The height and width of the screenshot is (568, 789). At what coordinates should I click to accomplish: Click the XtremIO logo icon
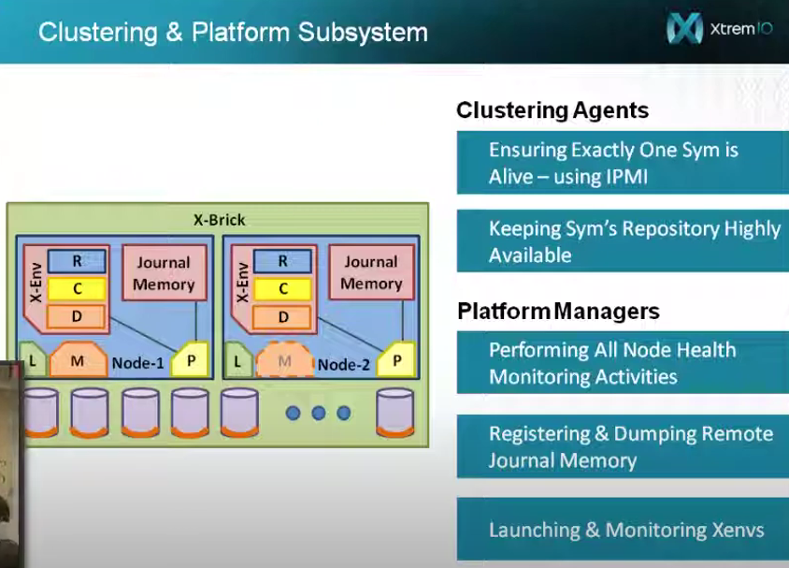point(684,28)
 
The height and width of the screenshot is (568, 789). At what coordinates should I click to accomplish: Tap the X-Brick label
point(220,220)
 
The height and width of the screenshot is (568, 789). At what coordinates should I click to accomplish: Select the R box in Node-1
point(77,261)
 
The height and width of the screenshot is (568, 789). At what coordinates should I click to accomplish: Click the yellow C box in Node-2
point(283,288)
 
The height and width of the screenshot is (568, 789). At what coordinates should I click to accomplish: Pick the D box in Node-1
point(77,316)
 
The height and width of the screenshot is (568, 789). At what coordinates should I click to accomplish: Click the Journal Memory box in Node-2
point(371,272)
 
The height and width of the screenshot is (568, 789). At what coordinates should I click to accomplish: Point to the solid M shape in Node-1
point(78,359)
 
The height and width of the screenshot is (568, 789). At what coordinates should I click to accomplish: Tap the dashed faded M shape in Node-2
point(285,360)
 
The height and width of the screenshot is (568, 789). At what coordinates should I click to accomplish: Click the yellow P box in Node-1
point(190,359)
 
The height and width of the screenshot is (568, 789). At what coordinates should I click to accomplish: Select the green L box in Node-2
point(237,360)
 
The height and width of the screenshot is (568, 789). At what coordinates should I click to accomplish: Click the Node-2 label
point(344,365)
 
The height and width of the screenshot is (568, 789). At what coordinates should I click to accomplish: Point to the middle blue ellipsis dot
point(319,414)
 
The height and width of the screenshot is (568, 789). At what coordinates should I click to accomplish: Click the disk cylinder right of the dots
point(395,412)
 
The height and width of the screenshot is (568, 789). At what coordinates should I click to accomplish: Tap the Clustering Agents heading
point(552,110)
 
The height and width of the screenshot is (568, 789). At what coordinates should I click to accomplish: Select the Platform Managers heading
point(558,311)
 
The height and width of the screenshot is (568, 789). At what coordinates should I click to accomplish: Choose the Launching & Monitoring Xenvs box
point(623,530)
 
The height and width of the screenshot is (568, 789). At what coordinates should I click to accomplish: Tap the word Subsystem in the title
point(363,32)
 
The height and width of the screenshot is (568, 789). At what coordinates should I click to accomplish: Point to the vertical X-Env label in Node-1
point(36,283)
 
